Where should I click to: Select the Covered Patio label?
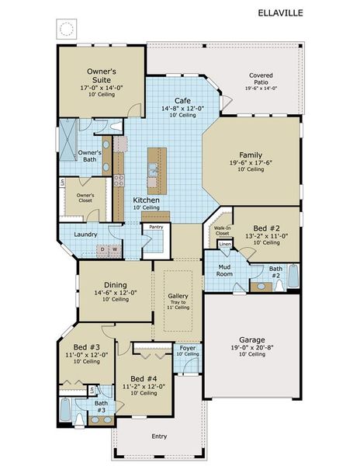tap(261, 80)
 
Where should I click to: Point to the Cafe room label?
tap(182, 101)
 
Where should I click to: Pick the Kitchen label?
tap(146, 200)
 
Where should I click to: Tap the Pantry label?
tap(157, 227)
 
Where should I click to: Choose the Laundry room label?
tap(86, 234)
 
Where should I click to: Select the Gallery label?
tap(178, 296)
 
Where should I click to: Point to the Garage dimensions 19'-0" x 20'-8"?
tap(252, 347)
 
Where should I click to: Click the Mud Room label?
tap(225, 270)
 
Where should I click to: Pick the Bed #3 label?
tap(86, 347)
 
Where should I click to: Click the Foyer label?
tap(188, 346)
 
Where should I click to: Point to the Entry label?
tap(159, 436)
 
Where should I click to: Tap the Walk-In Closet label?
tap(223, 230)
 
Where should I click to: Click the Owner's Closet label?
tap(85, 197)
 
